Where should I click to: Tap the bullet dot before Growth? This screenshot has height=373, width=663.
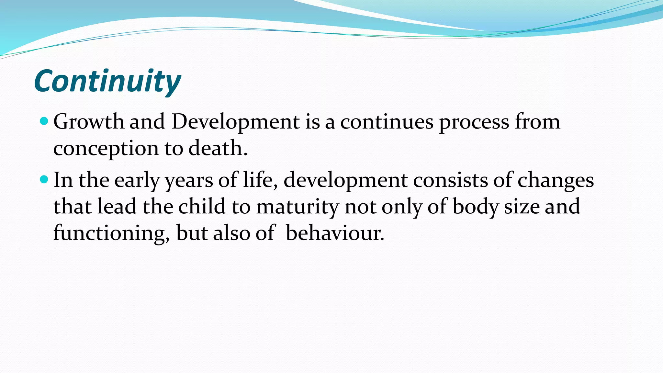pyautogui.click(x=44, y=121)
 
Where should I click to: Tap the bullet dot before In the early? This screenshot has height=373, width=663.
pyautogui.click(x=44, y=179)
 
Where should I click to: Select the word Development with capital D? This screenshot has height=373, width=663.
pyautogui.click(x=235, y=123)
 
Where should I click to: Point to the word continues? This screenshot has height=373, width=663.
pyautogui.click(x=387, y=122)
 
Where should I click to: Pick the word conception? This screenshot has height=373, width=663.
pyautogui.click(x=106, y=149)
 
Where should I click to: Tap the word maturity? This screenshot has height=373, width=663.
pyautogui.click(x=297, y=208)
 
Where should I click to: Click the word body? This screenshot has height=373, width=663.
pyautogui.click(x=475, y=207)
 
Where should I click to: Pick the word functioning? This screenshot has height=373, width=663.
pyautogui.click(x=111, y=233)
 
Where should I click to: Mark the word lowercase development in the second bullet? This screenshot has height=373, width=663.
pyautogui.click(x=345, y=181)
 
